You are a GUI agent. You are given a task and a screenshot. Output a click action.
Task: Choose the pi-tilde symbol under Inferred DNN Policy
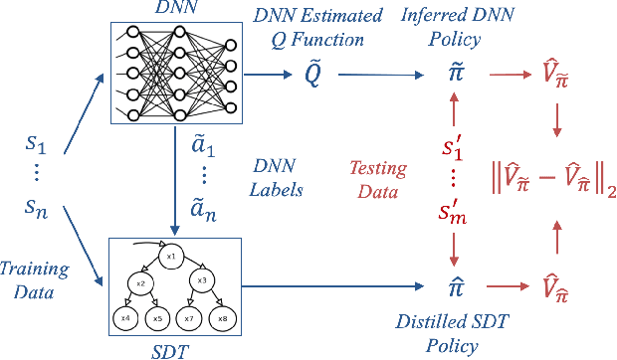454,75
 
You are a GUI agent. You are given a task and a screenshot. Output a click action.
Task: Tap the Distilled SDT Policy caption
454,333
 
